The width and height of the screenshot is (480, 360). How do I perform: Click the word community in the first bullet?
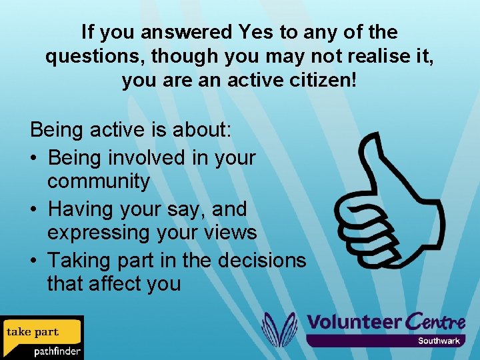point(98,181)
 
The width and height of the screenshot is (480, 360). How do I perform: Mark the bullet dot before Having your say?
point(36,209)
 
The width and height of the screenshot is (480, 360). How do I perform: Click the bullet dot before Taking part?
point(36,259)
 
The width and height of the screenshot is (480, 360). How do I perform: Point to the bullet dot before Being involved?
point(36,158)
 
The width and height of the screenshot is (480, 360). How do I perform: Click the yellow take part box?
point(41,331)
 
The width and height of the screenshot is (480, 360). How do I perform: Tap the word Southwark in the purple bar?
point(439,341)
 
